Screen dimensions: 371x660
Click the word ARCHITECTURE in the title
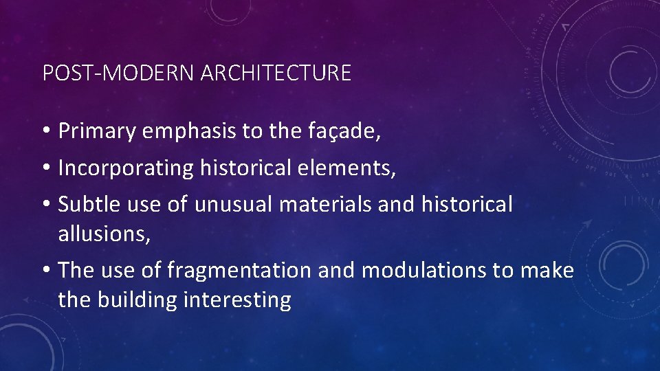click(276, 73)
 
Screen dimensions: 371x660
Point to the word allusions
click(104, 234)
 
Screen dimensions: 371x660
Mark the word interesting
click(238, 300)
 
